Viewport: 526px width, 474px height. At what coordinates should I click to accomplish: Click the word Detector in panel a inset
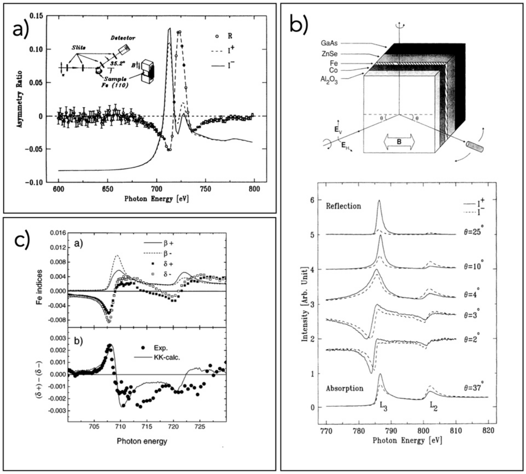click(123, 38)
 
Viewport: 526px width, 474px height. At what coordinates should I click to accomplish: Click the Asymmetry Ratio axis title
click(20, 99)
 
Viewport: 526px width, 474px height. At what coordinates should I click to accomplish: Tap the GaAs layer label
click(329, 43)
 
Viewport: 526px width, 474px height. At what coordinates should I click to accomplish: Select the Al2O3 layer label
click(329, 79)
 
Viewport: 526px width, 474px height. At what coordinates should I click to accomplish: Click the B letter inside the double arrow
click(399, 142)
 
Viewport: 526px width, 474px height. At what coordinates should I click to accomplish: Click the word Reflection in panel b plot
click(343, 206)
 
